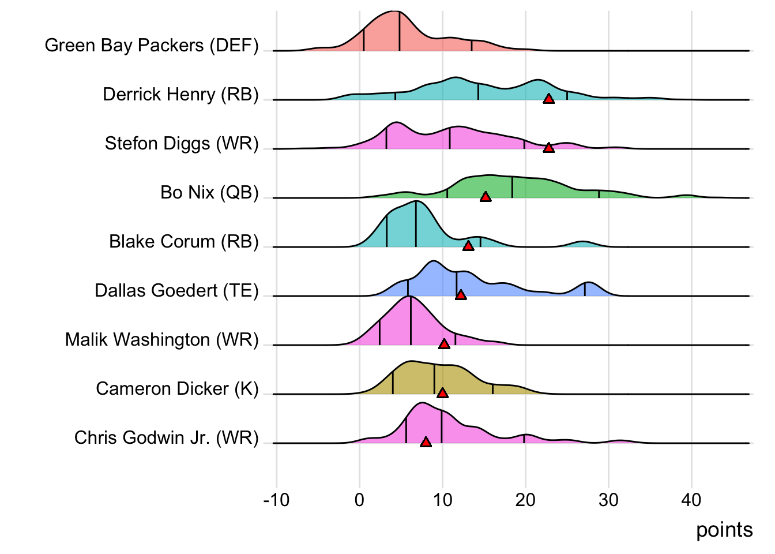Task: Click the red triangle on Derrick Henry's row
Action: coord(548,99)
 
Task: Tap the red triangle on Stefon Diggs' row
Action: coord(548,148)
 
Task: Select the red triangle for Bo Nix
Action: coord(486,197)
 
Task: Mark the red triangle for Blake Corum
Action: coord(468,246)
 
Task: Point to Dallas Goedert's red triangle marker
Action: coord(461,295)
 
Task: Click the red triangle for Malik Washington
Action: coord(444,345)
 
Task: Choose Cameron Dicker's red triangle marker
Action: coord(442,394)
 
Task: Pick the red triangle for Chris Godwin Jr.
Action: coord(426,443)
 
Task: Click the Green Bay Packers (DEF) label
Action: coord(152,45)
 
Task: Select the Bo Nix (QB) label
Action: coord(209,192)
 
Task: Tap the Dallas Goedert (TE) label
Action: coord(176,290)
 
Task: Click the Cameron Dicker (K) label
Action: coord(177,388)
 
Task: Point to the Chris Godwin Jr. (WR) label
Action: coord(166,437)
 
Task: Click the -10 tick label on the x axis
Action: coord(276,500)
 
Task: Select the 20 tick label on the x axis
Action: coord(525,500)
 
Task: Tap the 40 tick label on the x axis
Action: coord(691,500)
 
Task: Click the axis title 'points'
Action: coord(724,530)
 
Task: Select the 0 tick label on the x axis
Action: coord(359,500)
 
